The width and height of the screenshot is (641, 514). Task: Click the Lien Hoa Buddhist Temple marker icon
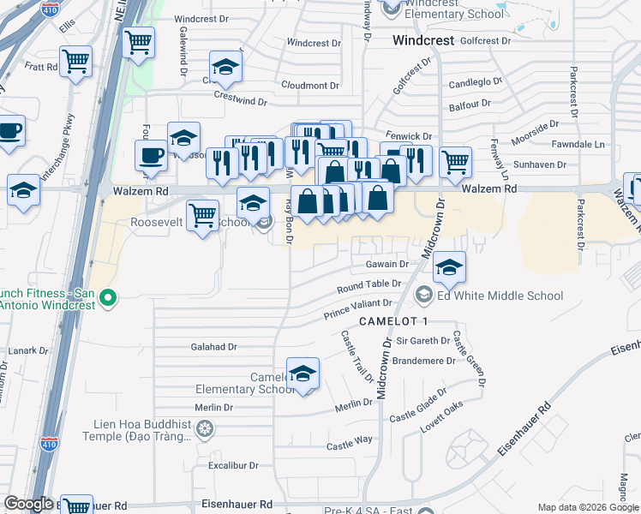point(204,428)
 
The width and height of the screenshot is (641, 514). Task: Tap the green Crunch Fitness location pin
point(107,298)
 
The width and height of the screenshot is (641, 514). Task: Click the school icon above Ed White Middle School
point(449,268)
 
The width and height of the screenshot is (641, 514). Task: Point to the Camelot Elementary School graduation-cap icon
point(302,374)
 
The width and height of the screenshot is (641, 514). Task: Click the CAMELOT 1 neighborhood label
point(392,320)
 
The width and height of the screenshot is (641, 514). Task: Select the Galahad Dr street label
point(213,347)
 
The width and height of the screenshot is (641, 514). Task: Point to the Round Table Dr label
point(369,284)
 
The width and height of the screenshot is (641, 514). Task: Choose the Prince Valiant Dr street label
point(357,308)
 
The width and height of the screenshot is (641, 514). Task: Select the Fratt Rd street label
point(40,66)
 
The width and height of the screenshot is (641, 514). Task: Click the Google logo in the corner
point(28,504)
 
